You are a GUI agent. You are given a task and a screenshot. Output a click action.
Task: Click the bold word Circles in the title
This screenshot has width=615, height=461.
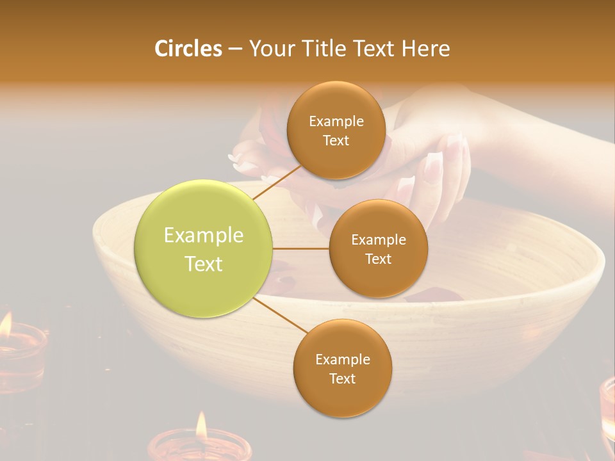pyautogui.click(x=188, y=49)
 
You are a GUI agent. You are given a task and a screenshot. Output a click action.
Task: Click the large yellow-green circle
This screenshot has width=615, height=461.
pyautogui.click(x=204, y=249)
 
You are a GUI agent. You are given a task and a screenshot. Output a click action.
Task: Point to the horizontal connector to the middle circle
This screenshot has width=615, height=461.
pyautogui.click(x=301, y=248)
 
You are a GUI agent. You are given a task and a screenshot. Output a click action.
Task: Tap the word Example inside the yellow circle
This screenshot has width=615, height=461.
pyautogui.click(x=204, y=236)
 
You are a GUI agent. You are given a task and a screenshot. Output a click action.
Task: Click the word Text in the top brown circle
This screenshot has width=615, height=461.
pyautogui.click(x=336, y=140)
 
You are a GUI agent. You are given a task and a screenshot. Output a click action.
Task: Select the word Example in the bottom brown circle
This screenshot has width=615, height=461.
pyautogui.click(x=342, y=359)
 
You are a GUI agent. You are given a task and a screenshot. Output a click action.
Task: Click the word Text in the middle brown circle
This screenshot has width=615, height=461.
pyautogui.click(x=378, y=259)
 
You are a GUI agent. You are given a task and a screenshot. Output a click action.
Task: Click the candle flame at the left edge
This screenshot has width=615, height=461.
pyautogui.click(x=5, y=324)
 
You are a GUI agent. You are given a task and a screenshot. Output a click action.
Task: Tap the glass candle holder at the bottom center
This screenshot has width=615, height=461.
pyautogui.click(x=199, y=448)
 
